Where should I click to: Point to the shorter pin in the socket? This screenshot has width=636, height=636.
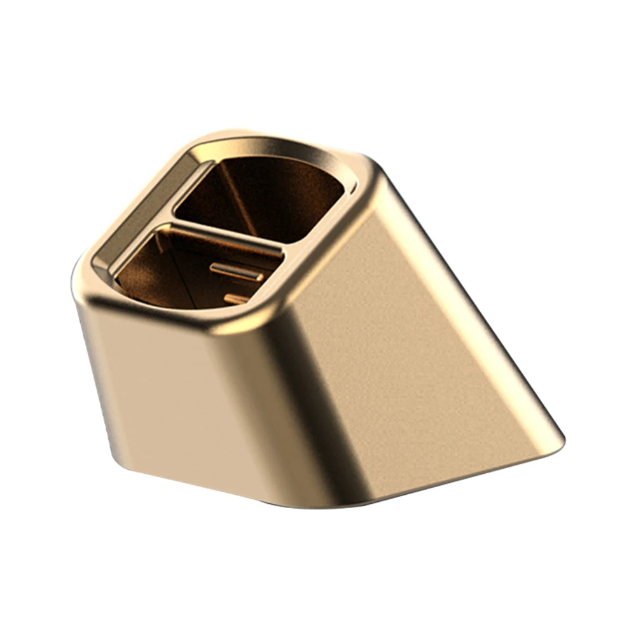(237, 298)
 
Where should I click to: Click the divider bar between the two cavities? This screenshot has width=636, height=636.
(226, 233)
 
